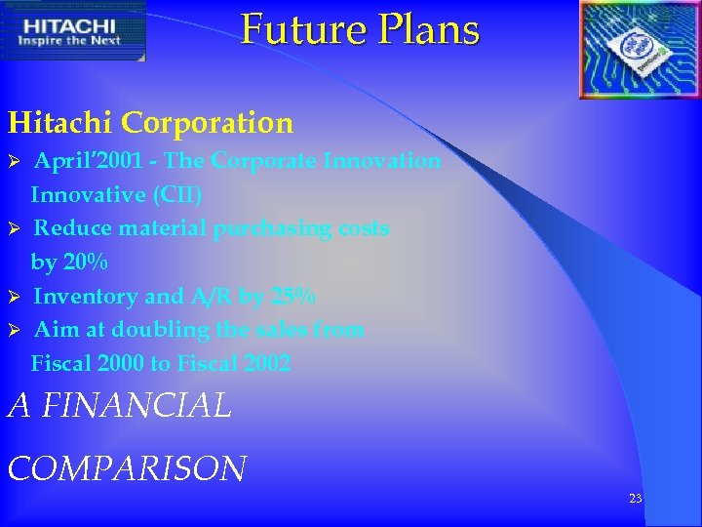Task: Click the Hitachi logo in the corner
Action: coord(73,30)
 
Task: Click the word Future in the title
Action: coord(297,29)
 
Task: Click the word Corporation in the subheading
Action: coord(207,123)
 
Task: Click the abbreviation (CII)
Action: coord(176,195)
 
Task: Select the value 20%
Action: coord(83,263)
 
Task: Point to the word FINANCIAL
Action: coord(136,405)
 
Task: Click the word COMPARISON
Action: coord(127,468)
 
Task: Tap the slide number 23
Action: coord(635,499)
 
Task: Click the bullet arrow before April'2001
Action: coord(15,161)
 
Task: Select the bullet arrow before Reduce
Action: coord(15,229)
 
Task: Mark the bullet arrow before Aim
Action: coord(15,331)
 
